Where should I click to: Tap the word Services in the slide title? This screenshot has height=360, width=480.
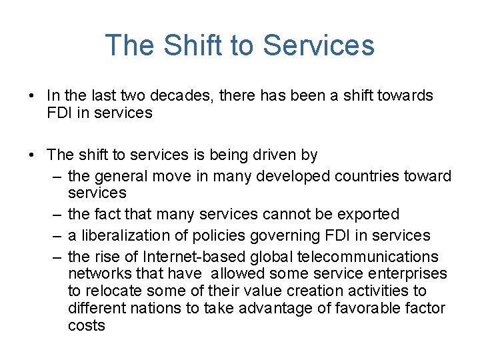pyautogui.click(x=319, y=45)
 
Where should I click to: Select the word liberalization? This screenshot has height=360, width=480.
pyautogui.click(x=125, y=235)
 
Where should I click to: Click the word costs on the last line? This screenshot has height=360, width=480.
pyautogui.click(x=87, y=326)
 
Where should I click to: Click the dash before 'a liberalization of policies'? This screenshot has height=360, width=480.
pyautogui.click(x=56, y=235)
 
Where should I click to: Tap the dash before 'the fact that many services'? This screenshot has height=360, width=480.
pyautogui.click(x=56, y=215)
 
